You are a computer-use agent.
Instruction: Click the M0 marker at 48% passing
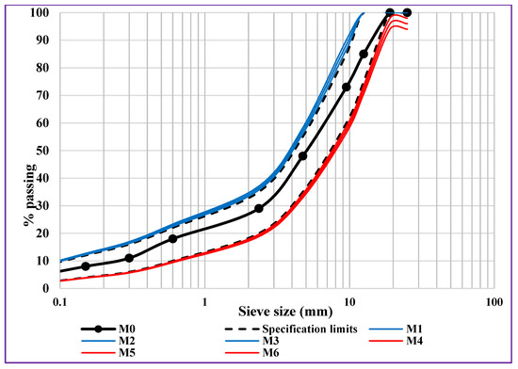tap(302, 155)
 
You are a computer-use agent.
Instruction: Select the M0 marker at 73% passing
tap(347, 87)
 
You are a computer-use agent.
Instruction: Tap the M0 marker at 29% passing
tap(259, 208)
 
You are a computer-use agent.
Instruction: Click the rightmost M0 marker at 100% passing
tap(407, 12)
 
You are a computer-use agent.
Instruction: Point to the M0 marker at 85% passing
tap(364, 54)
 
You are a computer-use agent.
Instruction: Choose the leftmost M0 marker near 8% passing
tap(86, 266)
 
